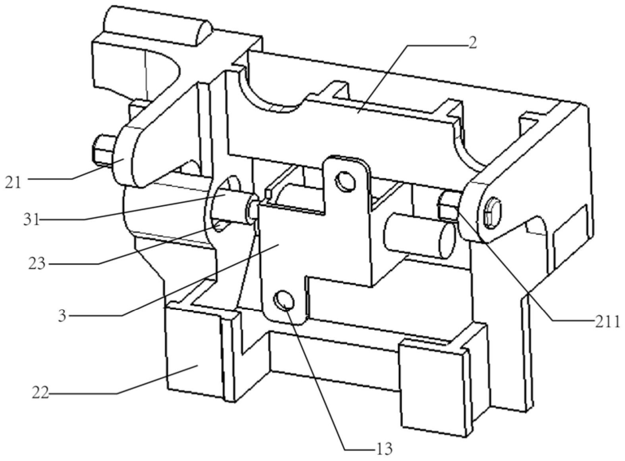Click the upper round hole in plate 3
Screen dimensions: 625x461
point(346,182)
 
